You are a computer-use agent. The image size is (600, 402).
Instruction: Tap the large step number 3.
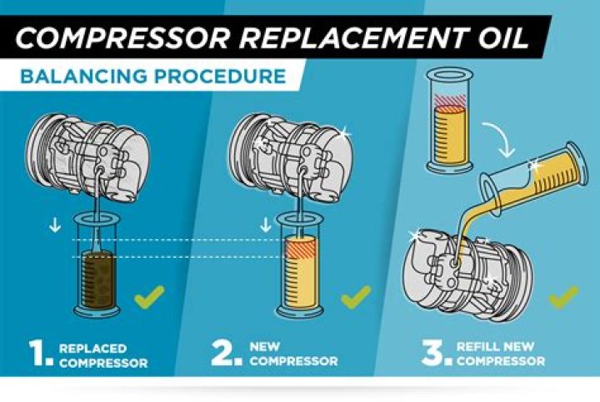tap(434, 354)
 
